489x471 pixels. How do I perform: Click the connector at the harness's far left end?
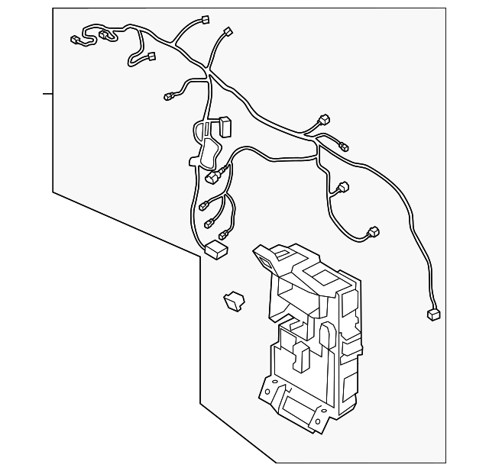pos(75,39)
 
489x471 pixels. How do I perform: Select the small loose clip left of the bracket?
pos(232,301)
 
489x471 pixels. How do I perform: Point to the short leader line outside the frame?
pos(47,94)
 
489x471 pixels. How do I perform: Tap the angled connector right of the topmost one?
pos(227,32)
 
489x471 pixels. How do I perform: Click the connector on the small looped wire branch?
pos(150,56)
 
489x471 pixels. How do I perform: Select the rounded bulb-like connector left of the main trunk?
pos(169,96)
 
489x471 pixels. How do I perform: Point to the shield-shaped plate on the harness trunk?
pos(205,145)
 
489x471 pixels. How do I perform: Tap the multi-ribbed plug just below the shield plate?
pos(213,178)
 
